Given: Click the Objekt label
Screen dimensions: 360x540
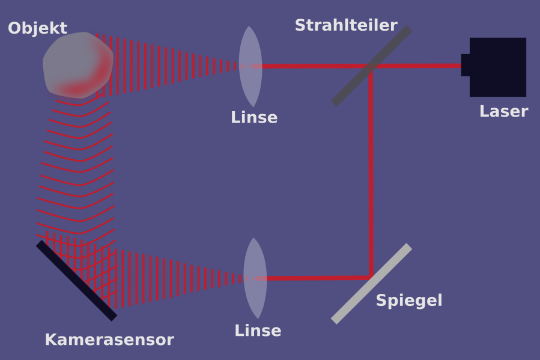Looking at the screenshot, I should point(37,28).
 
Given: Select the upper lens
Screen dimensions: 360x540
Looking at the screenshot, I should point(250,66).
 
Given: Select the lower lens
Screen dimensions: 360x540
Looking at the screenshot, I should point(255,278).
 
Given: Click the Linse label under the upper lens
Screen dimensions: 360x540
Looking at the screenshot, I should point(254,118).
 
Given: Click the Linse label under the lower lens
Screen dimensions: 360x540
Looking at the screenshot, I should point(258,331).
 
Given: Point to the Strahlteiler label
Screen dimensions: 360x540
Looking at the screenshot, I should point(346,26).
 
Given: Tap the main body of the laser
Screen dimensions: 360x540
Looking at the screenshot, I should point(498,67).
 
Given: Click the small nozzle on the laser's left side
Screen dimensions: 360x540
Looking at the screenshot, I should point(466,65).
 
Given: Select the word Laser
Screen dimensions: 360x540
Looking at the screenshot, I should point(503,112).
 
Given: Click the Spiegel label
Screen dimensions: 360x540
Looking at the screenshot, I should point(409,301).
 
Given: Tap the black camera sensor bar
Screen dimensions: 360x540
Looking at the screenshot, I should point(76,280).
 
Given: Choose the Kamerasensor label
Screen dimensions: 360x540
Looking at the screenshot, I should point(109,340).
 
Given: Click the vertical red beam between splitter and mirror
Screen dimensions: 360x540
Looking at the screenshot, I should point(371,174).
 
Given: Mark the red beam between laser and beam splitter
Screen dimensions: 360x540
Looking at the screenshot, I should point(420,66).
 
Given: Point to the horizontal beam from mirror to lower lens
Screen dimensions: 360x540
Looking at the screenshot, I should point(312,278).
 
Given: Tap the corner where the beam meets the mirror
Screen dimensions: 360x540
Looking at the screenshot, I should point(371,276).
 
